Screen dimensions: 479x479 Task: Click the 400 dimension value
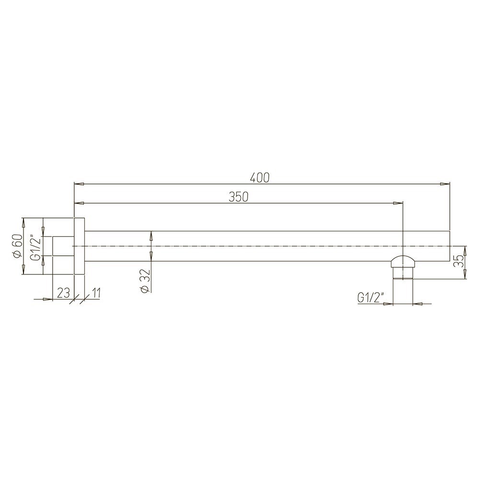tap(260, 178)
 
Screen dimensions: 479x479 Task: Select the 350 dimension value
tap(239, 197)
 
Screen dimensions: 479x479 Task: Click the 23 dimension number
tap(64, 293)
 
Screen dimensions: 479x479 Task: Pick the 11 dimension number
tap(95, 293)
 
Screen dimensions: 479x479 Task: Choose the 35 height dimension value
tap(458, 262)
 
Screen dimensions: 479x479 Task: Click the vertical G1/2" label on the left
tap(36, 246)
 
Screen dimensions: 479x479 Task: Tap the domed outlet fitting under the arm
tap(403, 262)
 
